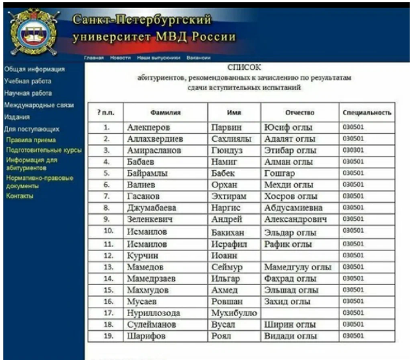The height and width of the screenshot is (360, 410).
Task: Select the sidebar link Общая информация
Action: coord(34,69)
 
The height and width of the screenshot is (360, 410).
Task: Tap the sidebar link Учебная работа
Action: coord(28,81)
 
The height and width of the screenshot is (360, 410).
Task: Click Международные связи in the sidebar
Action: coord(39,105)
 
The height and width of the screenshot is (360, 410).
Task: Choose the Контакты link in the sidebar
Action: coord(20,196)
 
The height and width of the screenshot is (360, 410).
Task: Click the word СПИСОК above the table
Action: coord(244,67)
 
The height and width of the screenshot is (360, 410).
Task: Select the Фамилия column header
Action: coord(165,113)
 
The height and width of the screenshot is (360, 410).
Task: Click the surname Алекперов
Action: coord(149,127)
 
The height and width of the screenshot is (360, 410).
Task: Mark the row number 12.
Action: coord(107,255)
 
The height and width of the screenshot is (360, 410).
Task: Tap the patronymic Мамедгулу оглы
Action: coord(297,267)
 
